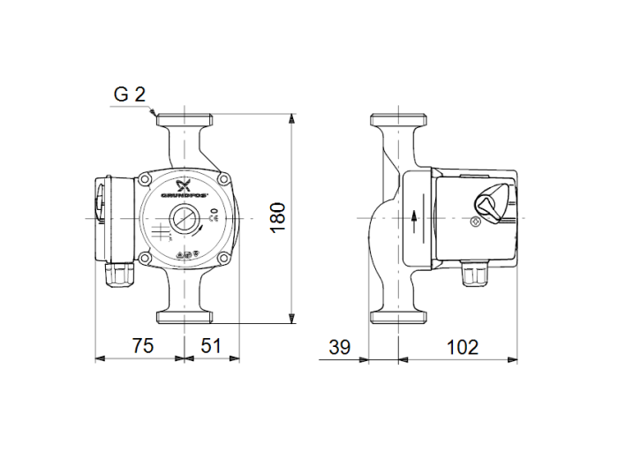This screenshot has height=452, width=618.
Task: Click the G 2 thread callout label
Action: pos(129,94)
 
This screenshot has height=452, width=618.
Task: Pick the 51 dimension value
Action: pos(210,346)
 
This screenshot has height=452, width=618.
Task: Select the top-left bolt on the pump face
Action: pos(145,179)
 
